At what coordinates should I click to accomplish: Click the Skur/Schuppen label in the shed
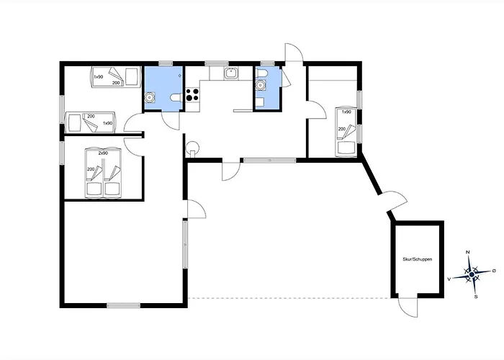point(417,259)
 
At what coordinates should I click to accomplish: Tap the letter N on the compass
point(468,252)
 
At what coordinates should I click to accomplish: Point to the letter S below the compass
point(476,297)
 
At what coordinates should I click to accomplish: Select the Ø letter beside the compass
point(494,271)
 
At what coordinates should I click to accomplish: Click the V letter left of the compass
point(449,279)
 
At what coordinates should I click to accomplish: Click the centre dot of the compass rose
point(472,274)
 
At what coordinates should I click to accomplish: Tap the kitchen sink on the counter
point(231,73)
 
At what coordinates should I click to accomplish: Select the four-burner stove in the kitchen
point(192,95)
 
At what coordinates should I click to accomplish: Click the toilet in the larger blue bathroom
point(176,97)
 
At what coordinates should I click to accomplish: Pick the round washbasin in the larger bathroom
point(150,96)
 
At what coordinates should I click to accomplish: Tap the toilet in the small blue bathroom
point(261,73)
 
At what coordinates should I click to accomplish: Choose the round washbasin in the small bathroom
point(260,85)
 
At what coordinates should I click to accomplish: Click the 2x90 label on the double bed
point(103,153)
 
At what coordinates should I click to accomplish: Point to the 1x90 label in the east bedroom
point(346,112)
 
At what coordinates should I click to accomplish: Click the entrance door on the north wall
point(294,53)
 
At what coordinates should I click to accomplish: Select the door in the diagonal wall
point(395,201)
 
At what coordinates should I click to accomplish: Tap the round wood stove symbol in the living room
point(192,148)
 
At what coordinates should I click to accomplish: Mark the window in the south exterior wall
point(123,305)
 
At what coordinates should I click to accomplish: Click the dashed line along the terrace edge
point(289,298)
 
